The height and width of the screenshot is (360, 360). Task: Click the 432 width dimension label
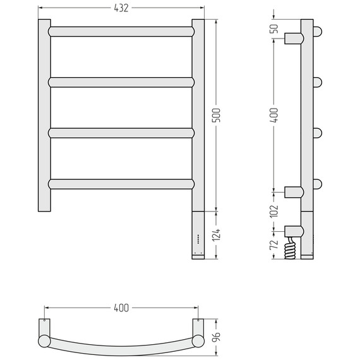[121, 8]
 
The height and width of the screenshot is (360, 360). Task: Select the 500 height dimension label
[216, 115]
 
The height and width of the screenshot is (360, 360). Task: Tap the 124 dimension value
[216, 235]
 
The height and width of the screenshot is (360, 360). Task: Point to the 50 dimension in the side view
[274, 28]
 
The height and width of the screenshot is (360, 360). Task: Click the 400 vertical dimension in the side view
[274, 115]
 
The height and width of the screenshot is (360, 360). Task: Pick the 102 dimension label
[274, 211]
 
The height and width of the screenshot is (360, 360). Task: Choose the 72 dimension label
[274, 245]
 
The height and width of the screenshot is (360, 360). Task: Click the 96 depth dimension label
[216, 337]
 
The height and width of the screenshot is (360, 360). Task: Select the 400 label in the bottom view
[121, 308]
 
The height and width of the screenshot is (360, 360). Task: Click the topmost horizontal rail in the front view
[121, 32]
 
